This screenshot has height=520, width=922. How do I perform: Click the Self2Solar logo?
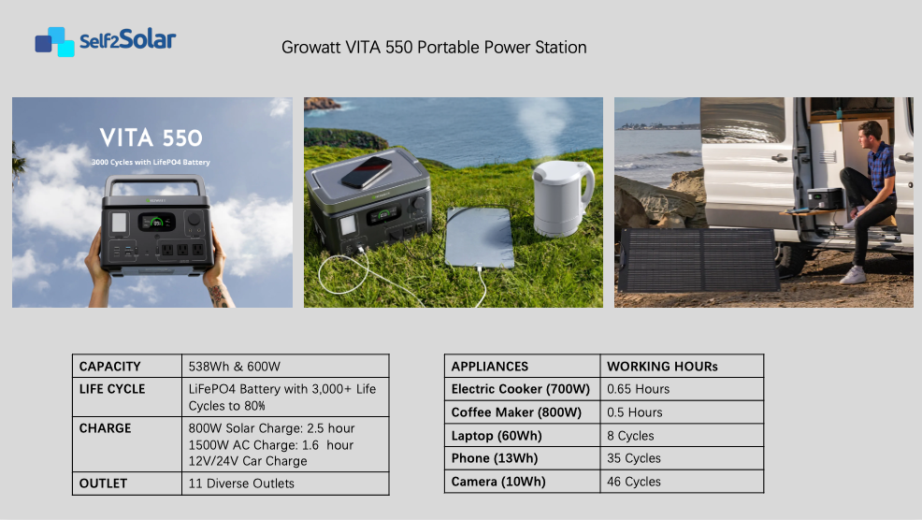[106, 41]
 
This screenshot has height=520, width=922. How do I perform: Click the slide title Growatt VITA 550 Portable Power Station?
[434, 47]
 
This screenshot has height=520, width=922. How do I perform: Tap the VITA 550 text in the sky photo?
[151, 138]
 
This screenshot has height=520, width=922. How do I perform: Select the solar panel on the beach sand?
[699, 259]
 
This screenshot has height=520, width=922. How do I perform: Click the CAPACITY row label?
[110, 367]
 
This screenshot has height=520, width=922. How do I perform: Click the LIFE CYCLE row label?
[112, 389]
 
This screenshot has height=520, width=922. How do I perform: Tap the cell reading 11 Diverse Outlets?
[241, 484]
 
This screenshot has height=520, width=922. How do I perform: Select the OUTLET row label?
[103, 484]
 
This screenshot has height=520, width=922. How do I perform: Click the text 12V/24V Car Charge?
[248, 461]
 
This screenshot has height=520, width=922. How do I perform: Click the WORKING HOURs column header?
[662, 367]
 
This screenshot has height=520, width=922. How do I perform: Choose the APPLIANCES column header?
[490, 367]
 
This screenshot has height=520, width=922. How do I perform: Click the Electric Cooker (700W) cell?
[521, 389]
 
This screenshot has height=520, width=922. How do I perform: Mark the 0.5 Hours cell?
[635, 412]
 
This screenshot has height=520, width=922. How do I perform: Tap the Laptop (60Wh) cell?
[497, 436]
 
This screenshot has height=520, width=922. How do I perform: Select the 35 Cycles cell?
[633, 458]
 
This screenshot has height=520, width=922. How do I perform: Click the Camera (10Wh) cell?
[498, 482]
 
